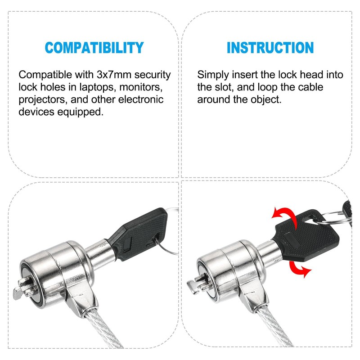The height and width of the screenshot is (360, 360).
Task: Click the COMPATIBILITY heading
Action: [x=94, y=47]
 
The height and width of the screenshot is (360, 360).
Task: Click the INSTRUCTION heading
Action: [x=270, y=47]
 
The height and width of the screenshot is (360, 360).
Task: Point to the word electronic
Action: [x=140, y=99]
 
